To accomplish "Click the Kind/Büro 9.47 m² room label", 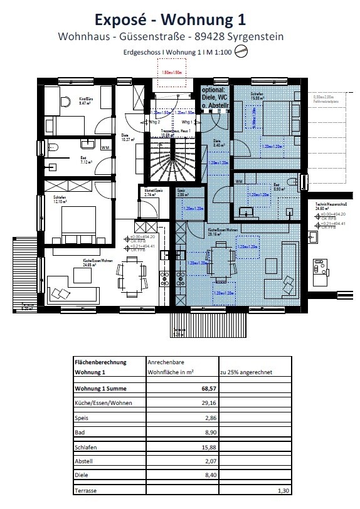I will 86,102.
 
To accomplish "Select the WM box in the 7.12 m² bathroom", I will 104,148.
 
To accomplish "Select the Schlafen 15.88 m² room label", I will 259,97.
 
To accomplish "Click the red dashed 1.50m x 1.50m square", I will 172,73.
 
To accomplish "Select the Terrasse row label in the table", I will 87,491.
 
